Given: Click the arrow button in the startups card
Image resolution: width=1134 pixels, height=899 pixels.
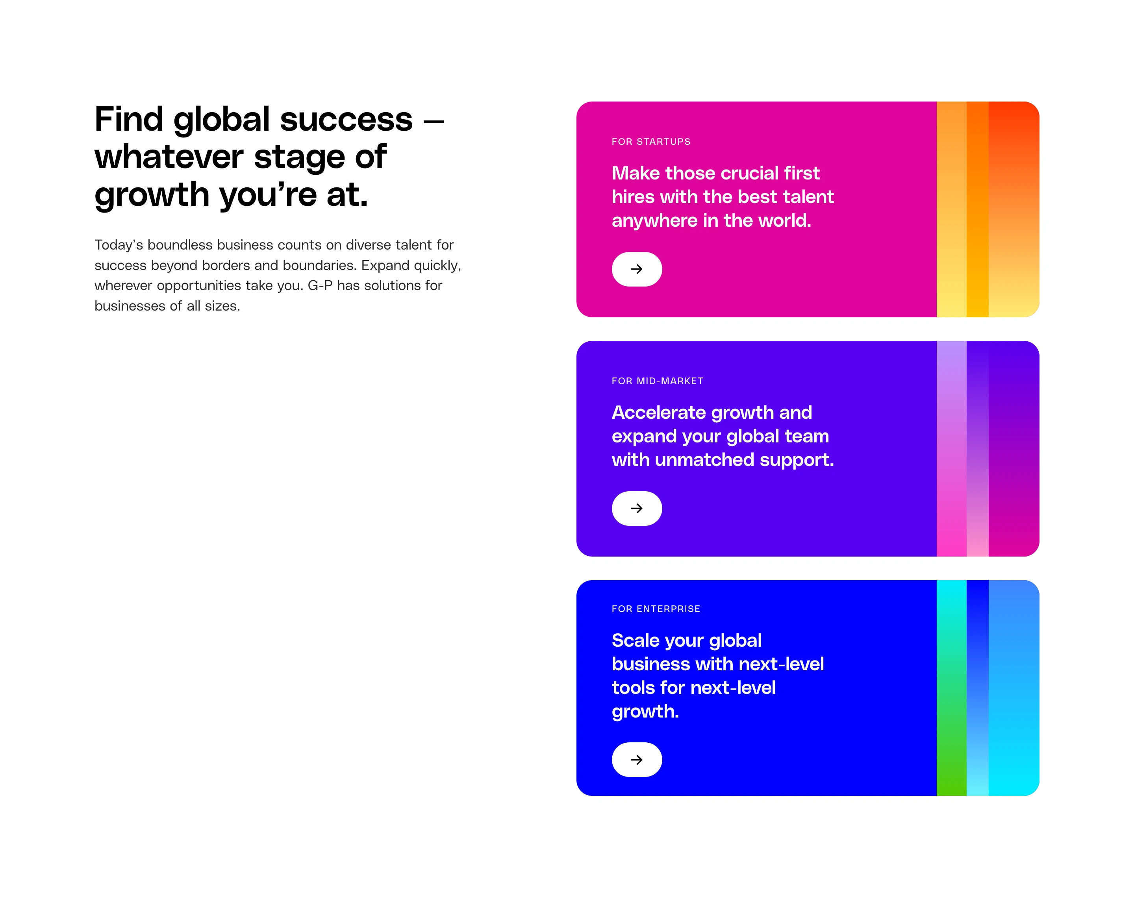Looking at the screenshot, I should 636,269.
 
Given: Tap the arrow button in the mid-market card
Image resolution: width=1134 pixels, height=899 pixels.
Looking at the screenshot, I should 636,509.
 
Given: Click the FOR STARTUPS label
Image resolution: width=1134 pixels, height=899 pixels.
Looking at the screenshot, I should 650,142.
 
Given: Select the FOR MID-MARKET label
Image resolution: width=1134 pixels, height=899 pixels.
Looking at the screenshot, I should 657,381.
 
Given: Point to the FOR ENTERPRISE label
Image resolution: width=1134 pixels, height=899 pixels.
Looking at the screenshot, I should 655,609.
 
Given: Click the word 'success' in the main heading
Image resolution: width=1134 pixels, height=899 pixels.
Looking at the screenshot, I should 346,120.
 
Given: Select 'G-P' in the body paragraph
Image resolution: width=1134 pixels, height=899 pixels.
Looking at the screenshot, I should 320,285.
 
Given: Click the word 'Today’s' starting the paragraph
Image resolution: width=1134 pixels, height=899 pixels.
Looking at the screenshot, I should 119,245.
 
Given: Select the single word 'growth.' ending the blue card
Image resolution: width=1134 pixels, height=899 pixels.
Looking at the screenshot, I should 645,712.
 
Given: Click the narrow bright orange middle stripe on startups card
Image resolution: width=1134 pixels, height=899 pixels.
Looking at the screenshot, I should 977,210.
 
